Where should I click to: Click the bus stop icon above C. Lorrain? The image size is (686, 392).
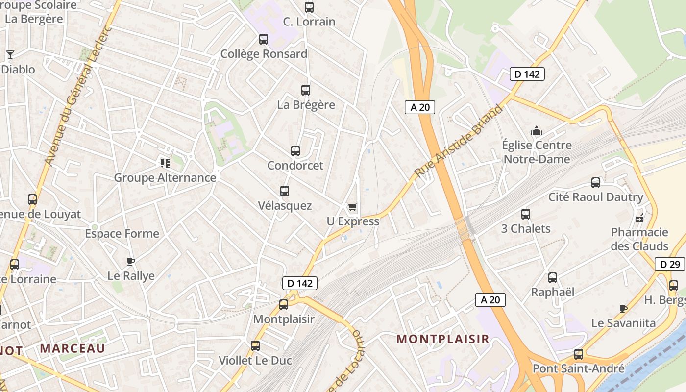tap(309, 7)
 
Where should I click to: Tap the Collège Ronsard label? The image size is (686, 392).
tap(264, 54)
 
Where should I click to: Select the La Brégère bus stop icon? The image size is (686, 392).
tap(306, 90)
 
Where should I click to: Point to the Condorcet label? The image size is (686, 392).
tap(295, 166)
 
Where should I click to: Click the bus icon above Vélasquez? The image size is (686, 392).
tap(284, 191)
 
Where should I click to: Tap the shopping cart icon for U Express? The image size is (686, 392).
tap(352, 208)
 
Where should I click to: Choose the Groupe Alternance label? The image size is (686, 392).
tap(165, 178)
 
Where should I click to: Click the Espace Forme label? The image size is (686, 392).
tap(122, 234)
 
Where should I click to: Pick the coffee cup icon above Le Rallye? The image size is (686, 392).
tap(130, 261)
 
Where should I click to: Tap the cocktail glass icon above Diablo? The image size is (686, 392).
tap(10, 54)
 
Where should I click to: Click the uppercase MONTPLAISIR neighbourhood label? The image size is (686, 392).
tap(442, 339)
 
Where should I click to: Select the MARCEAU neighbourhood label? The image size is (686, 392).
tap(73, 348)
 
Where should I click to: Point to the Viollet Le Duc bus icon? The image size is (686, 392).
tap(255, 346)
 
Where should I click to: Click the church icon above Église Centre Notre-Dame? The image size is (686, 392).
tap(537, 131)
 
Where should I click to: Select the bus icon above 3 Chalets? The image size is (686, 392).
tap(526, 214)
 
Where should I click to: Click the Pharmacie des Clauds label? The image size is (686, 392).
tap(639, 239)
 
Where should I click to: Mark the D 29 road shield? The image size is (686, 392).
tap(670, 265)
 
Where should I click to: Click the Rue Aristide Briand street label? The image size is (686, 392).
tap(459, 141)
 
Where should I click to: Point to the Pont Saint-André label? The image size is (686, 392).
tap(578, 368)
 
